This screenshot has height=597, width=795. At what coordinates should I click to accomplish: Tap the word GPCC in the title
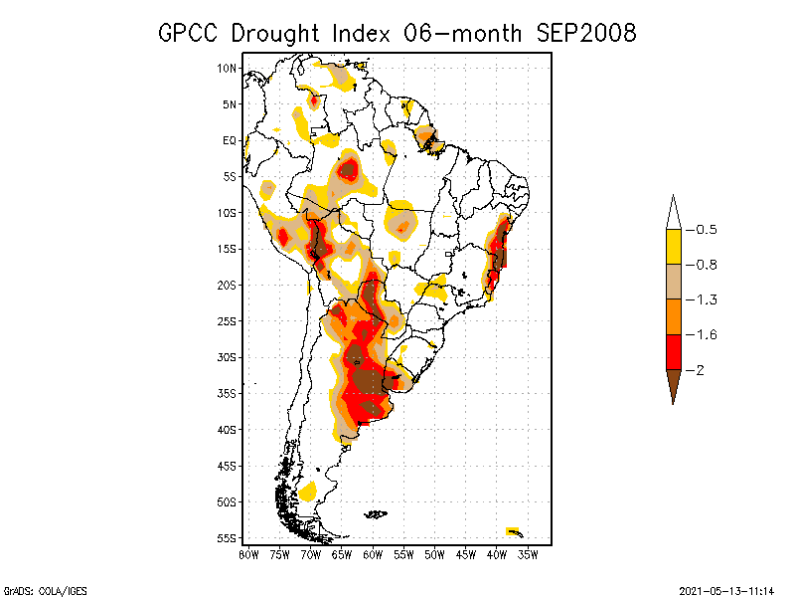(192, 33)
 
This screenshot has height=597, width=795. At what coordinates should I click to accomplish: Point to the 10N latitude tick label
(227, 68)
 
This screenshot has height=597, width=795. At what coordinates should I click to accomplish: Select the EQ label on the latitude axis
(230, 140)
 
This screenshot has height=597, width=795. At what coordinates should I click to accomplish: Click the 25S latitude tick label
(227, 321)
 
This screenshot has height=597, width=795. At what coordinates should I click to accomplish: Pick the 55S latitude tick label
(227, 538)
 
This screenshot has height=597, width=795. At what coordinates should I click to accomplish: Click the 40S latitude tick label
(227, 430)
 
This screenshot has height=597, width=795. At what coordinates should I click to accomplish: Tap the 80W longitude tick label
(248, 554)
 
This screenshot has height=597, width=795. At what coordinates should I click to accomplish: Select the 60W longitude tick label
(373, 554)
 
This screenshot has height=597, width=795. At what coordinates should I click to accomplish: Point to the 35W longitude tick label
(528, 554)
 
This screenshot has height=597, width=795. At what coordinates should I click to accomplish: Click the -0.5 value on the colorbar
(704, 230)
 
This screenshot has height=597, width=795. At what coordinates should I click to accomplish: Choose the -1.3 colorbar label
(704, 299)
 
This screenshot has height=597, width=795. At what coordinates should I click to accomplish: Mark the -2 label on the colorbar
(700, 370)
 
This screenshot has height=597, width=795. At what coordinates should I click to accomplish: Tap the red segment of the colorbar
(673, 351)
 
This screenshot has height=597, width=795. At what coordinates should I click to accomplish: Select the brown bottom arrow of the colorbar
(673, 384)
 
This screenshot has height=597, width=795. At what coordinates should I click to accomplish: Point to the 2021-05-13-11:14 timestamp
(725, 589)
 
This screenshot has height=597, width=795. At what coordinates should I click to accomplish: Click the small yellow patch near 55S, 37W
(513, 530)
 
